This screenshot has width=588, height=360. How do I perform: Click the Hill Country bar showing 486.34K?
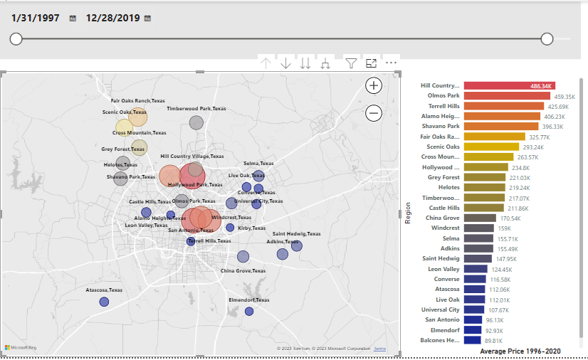pyautogui.click(x=509, y=85)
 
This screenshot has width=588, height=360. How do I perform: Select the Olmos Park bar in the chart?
pyautogui.click(x=507, y=95)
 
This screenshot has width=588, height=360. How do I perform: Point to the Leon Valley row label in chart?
pyautogui.click(x=443, y=269)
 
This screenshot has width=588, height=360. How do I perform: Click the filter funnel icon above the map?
pyautogui.click(x=351, y=63)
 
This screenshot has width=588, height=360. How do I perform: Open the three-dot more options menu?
pyautogui.click(x=391, y=63)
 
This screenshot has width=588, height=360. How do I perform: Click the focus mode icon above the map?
pyautogui.click(x=371, y=63)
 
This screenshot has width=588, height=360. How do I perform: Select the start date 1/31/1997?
pyautogui.click(x=34, y=17)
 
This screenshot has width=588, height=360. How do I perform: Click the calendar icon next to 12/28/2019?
pyautogui.click(x=147, y=18)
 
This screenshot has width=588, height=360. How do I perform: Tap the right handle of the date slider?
pyautogui.click(x=547, y=38)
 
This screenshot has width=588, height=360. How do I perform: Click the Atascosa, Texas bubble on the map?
pyautogui.click(x=104, y=302)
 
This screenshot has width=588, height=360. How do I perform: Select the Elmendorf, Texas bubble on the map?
pyautogui.click(x=249, y=311)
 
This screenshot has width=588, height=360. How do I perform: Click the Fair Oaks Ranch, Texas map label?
pyautogui.click(x=137, y=101)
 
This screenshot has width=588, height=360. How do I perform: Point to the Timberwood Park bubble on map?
pyautogui.click(x=196, y=122)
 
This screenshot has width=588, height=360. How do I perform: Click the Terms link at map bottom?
pyautogui.click(x=379, y=349)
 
